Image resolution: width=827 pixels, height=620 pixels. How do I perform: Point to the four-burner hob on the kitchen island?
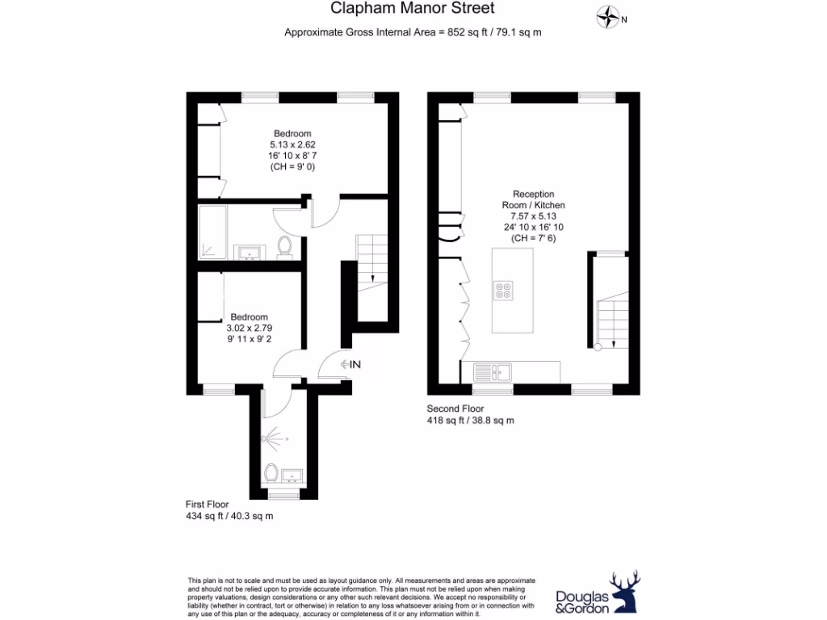point(504,290)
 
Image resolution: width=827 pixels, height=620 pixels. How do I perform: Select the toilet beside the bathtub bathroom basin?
point(284,245)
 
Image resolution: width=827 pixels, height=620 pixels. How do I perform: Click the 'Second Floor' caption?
point(455,408)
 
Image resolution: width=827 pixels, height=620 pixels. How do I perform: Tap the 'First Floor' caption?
point(208,505)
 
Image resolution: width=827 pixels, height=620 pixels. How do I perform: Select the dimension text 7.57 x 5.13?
point(533,216)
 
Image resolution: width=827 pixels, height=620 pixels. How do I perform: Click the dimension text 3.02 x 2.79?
point(249,329)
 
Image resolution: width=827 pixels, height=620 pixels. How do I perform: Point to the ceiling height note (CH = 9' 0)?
point(292,167)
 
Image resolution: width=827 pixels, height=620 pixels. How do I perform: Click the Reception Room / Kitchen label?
point(533,199)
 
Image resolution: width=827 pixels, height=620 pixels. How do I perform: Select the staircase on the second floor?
point(612,319)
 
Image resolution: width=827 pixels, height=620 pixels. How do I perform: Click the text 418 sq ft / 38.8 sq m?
point(470,421)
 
